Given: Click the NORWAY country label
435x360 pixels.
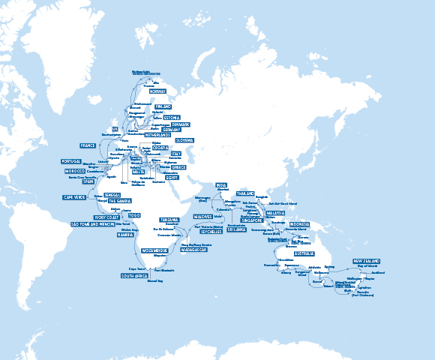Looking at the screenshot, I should [x=157, y=91].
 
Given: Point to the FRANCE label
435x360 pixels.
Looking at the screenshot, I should [x=88, y=145].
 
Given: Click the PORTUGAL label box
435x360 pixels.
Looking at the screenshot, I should [x=72, y=161].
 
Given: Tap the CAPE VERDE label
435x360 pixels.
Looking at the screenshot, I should [x=73, y=197].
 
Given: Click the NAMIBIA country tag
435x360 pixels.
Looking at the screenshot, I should [x=125, y=235].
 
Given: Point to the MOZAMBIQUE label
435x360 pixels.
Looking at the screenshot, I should [x=151, y=248].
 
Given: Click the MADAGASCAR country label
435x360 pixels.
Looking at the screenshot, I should [x=193, y=249].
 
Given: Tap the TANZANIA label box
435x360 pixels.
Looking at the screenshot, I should [x=169, y=219].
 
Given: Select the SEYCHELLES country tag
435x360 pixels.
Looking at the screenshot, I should [x=211, y=230].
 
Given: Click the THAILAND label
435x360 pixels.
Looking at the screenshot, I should [x=246, y=193].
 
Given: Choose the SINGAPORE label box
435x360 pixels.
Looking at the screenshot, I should [x=253, y=220].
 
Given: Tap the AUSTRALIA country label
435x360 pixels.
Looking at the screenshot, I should [x=298, y=254].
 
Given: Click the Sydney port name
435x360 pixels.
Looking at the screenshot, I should [x=350, y=266].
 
